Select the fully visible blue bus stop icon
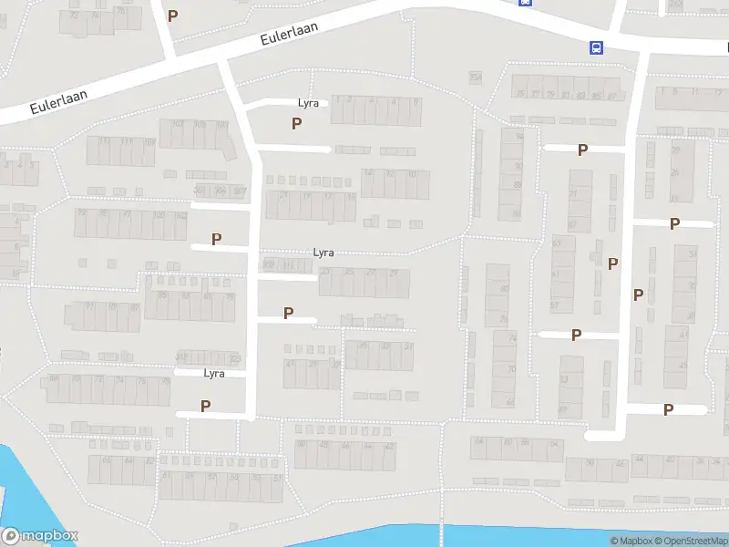[596, 47]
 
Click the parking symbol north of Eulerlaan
[172, 15]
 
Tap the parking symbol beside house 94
[582, 150]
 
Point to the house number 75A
[475, 77]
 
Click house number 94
[519, 136]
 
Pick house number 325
[235, 357]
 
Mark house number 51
[278, 477]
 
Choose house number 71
[574, 197]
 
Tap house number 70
[511, 369]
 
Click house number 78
[165, 381]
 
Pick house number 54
[692, 254]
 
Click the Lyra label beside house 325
[214, 373]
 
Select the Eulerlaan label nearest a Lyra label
[289, 34]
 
